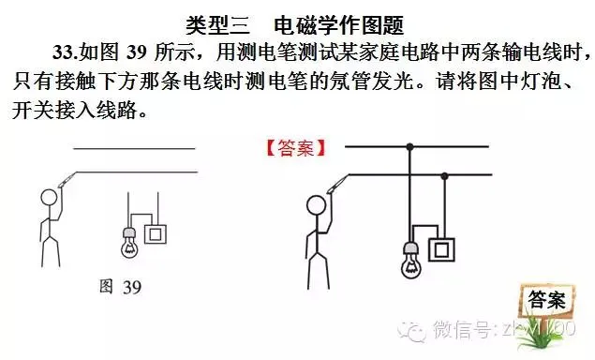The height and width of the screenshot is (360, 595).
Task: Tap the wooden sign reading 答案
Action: click(546, 300)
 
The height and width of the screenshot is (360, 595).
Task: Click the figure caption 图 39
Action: click(120, 287)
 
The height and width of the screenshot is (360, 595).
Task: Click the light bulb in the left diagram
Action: click(129, 244)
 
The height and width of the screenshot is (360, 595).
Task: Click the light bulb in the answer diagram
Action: click(410, 261)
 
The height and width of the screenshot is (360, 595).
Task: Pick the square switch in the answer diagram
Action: click(442, 248)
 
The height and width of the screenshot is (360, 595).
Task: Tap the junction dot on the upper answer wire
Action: click(409, 146)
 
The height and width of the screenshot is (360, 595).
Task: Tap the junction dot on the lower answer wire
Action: click(444, 175)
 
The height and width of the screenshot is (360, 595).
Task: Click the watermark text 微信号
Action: click(460, 329)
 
